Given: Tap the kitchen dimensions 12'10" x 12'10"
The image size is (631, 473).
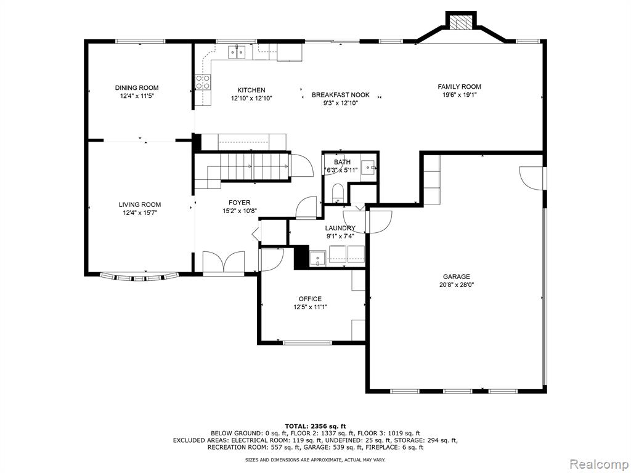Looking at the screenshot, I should [251, 98].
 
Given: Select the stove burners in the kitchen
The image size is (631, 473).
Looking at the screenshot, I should [203, 83].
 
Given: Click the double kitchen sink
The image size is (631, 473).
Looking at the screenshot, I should [237, 52].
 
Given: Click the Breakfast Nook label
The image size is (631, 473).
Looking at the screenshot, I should [340, 95].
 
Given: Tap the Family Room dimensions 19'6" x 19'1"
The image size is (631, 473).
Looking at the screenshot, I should [459, 95].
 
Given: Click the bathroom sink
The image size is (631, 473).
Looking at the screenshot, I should [368, 166].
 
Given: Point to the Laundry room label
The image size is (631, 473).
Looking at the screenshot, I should [340, 228].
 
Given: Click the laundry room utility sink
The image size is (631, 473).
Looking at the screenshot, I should [317, 257].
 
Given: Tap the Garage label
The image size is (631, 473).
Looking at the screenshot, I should [456, 277].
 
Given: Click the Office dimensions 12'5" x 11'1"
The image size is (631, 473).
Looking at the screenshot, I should [310, 307].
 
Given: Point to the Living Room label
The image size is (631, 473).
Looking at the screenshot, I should [140, 204].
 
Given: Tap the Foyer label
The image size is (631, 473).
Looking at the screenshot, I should [239, 203].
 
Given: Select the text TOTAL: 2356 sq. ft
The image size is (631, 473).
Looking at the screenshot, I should [315, 426].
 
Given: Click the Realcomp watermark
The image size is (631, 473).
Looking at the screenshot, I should [597, 463].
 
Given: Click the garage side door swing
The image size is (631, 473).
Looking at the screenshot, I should [532, 177].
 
